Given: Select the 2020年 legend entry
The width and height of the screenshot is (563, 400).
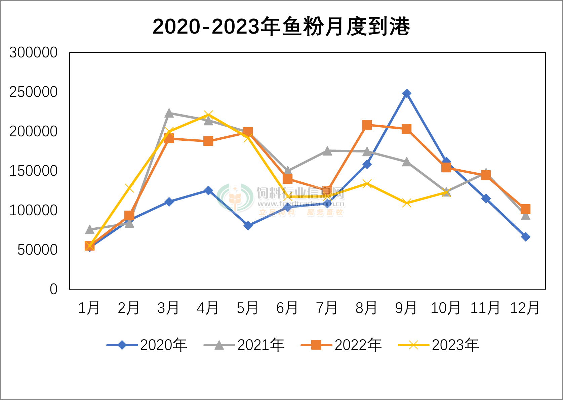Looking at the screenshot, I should pos(147,345).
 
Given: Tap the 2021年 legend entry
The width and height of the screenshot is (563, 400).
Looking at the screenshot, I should pos(244,345).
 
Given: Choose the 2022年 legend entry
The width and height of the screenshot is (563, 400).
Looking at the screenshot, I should pos(341,345).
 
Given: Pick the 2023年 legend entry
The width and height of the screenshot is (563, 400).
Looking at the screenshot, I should pos(439,345).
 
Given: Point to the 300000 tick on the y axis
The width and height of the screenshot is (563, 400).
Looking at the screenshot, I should pos(33,53).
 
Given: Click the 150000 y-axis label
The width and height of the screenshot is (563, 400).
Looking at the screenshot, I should pos(33,171).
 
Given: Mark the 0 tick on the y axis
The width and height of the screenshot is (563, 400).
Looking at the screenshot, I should pos(54,289).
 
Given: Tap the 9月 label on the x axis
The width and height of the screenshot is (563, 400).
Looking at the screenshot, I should pos(406,308).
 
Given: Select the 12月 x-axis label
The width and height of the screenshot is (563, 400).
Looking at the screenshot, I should pos(525,308).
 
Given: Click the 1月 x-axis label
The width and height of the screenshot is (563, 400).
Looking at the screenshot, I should pos(89,308).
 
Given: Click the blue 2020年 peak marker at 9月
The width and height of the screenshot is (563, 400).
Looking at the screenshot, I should pos(406,93).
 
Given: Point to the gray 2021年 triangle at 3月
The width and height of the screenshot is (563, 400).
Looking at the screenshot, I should pos(169,114).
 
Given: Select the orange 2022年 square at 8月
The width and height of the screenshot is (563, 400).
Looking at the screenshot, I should pos(367,125).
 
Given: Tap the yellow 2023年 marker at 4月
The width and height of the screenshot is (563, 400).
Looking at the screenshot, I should pos(208,115).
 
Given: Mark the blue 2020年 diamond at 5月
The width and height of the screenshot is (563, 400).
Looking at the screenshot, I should pos(248,226).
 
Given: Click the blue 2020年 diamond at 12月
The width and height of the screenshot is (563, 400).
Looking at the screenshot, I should pos(525,237).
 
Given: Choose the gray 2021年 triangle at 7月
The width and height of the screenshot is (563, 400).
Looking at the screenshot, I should pos(327,151).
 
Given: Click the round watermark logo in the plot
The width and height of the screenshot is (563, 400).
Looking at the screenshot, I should pos(235,198).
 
